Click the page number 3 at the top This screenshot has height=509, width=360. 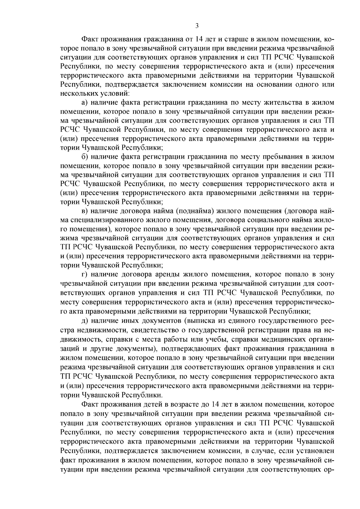pos(197,26)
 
